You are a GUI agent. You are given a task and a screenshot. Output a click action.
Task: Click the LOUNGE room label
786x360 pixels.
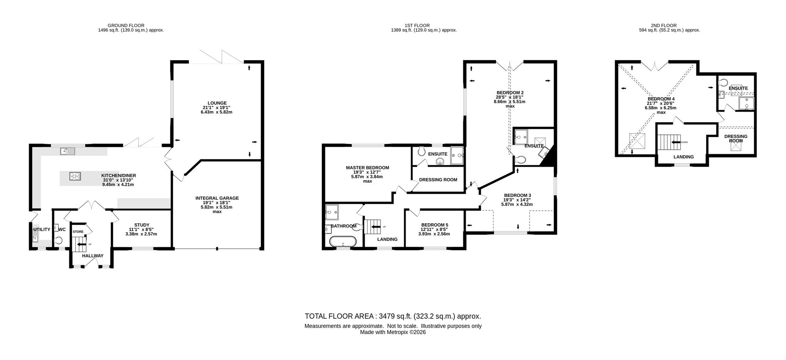tap(217, 103)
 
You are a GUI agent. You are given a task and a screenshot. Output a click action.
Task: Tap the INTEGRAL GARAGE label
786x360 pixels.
tap(217, 198)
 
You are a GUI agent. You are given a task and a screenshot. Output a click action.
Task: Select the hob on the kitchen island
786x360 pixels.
tap(75, 176)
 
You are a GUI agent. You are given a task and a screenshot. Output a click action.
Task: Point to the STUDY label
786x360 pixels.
tap(141, 225)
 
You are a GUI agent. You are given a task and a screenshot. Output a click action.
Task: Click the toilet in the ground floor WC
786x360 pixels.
tap(59, 240)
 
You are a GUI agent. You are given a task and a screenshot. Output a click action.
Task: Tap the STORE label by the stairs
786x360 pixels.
tap(78, 232)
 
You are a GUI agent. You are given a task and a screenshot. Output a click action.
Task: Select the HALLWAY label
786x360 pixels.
tap(93, 256)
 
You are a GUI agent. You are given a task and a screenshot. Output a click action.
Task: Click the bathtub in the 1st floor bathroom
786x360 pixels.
tap(343, 241)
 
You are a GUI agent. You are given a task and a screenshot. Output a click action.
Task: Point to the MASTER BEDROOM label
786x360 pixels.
tap(367, 168)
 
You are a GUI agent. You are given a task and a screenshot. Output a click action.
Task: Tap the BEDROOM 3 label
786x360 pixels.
tap(518, 195)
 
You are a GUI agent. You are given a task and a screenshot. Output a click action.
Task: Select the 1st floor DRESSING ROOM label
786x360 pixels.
tap(438, 180)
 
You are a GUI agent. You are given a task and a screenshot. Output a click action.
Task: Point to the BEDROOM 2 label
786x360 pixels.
tap(510, 93)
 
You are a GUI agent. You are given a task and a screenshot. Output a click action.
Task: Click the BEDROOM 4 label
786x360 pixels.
tap(661, 99)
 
